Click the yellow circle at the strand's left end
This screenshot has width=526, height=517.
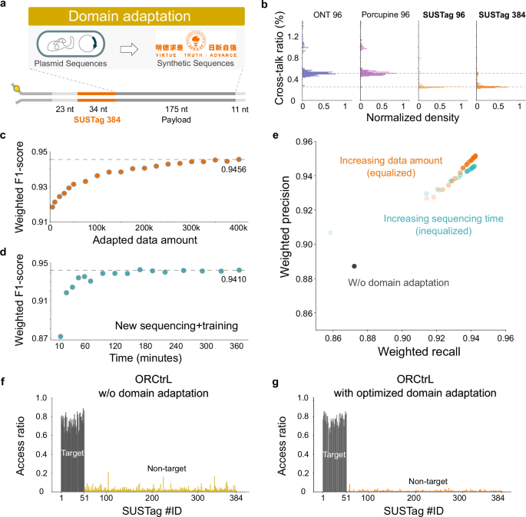17,89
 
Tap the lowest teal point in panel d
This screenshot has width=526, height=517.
60,336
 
